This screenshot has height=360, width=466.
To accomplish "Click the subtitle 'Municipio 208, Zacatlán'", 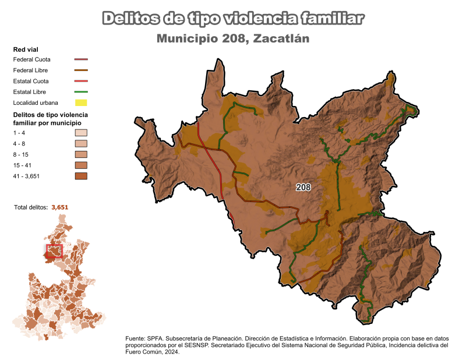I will tap(232, 39).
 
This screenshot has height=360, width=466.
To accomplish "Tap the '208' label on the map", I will tap(303, 188).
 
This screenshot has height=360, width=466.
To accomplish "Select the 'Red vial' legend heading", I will tap(26, 49).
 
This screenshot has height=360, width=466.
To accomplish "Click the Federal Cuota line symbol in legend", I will tap(81, 59).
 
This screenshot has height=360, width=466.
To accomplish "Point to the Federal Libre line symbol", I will tap(81, 70).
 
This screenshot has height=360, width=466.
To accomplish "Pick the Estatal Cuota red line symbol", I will tap(81, 81).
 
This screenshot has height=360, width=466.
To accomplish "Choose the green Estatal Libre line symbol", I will tap(81, 92).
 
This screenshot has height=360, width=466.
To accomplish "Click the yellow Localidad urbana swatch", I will tap(81, 103).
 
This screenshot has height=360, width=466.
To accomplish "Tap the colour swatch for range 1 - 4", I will tap(81, 133).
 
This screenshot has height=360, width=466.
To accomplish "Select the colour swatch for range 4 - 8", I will tap(81, 144).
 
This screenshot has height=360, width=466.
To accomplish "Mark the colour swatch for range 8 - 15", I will tap(81, 154).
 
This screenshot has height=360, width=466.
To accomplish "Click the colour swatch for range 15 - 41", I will tap(81, 165).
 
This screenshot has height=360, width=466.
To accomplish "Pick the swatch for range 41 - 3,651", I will tap(81, 176).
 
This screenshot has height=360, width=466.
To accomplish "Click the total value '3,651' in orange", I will tap(63, 207).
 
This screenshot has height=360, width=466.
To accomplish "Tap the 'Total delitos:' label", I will tap(31, 207).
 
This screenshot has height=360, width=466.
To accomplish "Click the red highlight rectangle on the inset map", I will tap(54, 251).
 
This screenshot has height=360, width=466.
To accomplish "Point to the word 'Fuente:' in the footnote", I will tap(135, 338).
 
